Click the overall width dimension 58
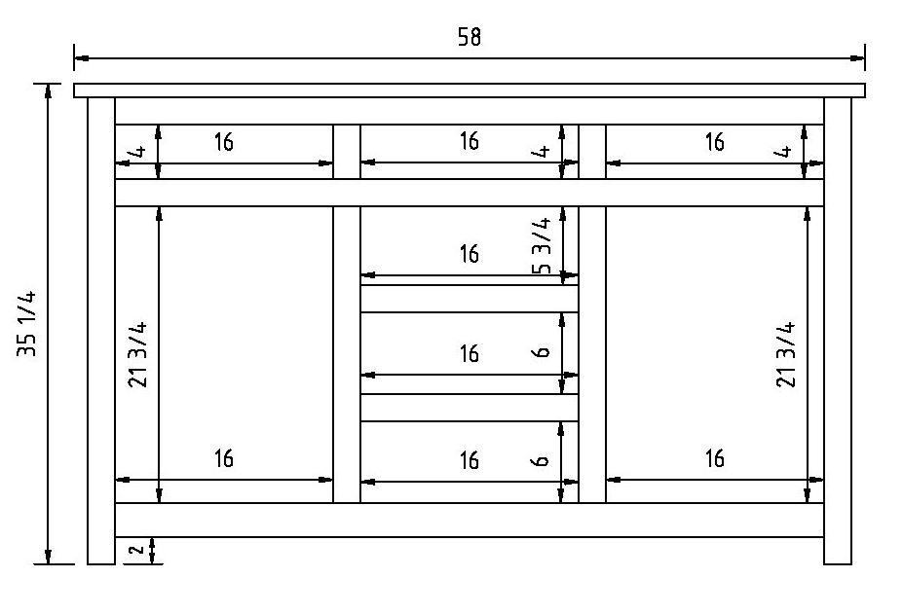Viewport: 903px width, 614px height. (x=470, y=37)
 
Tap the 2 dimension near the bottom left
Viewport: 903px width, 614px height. (x=136, y=550)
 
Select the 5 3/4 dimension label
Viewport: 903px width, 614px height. (x=543, y=245)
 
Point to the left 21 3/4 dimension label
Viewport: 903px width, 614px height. (x=137, y=354)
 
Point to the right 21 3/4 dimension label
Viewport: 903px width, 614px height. (x=786, y=354)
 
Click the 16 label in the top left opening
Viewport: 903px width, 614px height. (x=224, y=142)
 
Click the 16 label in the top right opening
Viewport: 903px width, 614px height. (x=715, y=142)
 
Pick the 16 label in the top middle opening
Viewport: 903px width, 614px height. (x=470, y=142)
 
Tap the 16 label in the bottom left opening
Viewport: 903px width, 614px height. (x=224, y=458)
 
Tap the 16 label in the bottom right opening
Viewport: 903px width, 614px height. (x=715, y=458)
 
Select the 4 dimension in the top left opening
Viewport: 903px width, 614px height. (x=137, y=152)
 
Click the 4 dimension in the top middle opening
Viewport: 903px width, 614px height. (x=543, y=152)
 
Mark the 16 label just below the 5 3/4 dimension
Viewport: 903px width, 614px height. (x=470, y=254)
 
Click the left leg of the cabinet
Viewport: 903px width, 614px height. (x=101, y=331)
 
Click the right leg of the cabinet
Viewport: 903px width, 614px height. (x=838, y=331)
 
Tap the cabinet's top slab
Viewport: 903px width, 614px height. (x=470, y=90)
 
